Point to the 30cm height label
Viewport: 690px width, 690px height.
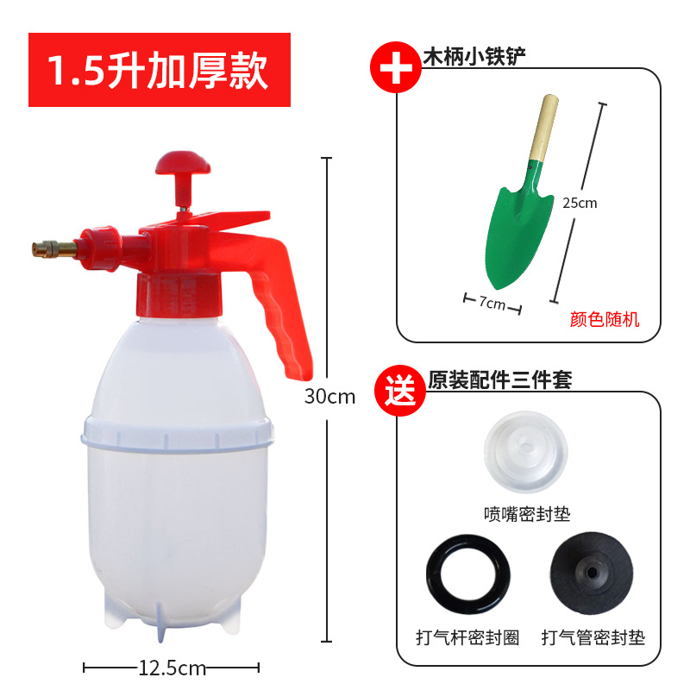click(329, 397)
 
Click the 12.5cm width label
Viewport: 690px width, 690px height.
click(172, 667)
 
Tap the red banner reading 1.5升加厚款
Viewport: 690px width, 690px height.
click(160, 70)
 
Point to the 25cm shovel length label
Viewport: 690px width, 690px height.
click(580, 204)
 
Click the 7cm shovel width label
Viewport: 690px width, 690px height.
click(494, 304)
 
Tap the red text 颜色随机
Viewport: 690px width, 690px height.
click(605, 319)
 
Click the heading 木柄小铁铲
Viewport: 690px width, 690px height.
click(474, 56)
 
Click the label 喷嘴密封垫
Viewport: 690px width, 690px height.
click(526, 515)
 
